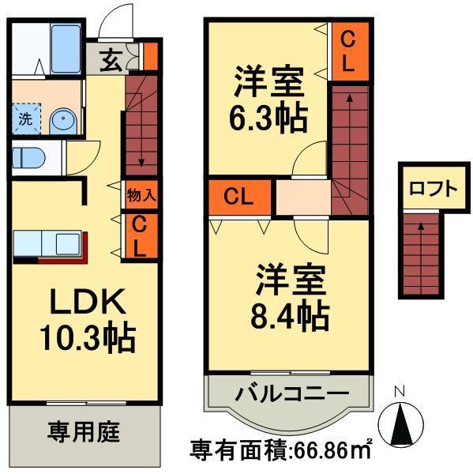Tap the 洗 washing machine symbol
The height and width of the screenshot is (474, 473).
25,121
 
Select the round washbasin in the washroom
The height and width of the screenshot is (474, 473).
62,121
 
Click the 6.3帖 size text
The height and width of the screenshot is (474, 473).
269,118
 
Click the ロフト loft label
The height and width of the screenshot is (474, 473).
432,190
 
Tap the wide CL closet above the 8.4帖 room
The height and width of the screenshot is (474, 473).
239,197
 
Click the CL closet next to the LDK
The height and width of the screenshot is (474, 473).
139,236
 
